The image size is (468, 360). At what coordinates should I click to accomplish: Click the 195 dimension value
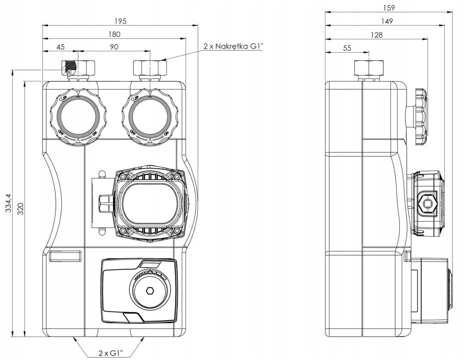tap(120, 21)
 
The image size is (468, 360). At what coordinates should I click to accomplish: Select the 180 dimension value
tap(114, 34)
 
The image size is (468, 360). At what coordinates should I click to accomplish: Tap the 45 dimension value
tap(60, 47)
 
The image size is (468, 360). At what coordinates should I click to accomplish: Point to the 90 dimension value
tap(114, 47)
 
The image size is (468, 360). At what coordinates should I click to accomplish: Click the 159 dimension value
tap(388, 7)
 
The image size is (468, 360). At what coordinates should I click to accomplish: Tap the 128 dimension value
tap(377, 34)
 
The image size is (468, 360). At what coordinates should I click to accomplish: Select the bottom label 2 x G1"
tap(110, 353)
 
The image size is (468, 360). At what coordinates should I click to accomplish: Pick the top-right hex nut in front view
tap(149, 69)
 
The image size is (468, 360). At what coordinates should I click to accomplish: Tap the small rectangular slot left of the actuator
tap(65, 256)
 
